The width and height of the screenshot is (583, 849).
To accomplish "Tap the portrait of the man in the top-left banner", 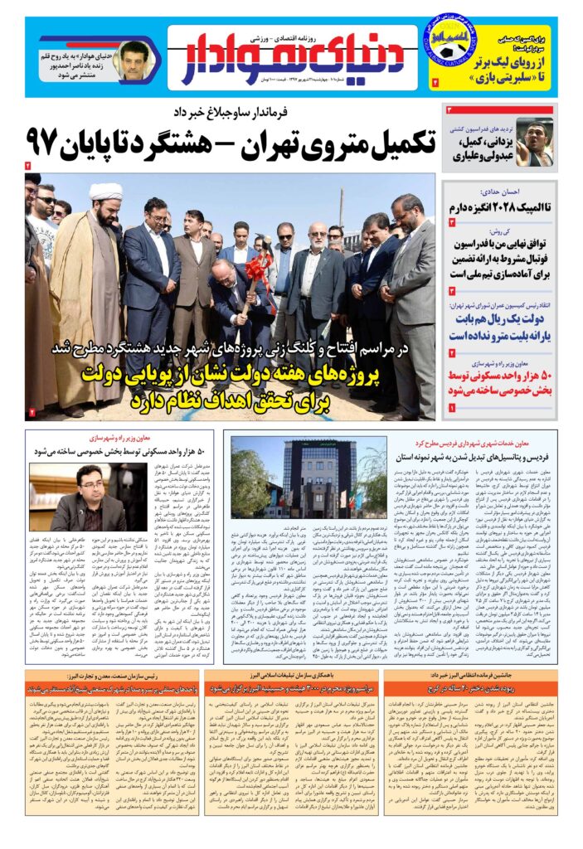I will pos(132,61).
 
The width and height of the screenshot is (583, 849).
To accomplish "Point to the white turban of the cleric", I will pos(105,192).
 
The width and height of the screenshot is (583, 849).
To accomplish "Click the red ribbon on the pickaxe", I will pos(257,269).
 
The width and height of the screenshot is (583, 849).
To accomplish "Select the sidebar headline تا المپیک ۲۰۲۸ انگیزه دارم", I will pos(501,205).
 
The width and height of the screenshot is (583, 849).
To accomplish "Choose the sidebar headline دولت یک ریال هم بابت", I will pos(501,320).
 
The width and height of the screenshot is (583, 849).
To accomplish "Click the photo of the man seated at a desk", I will pos(74,497).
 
